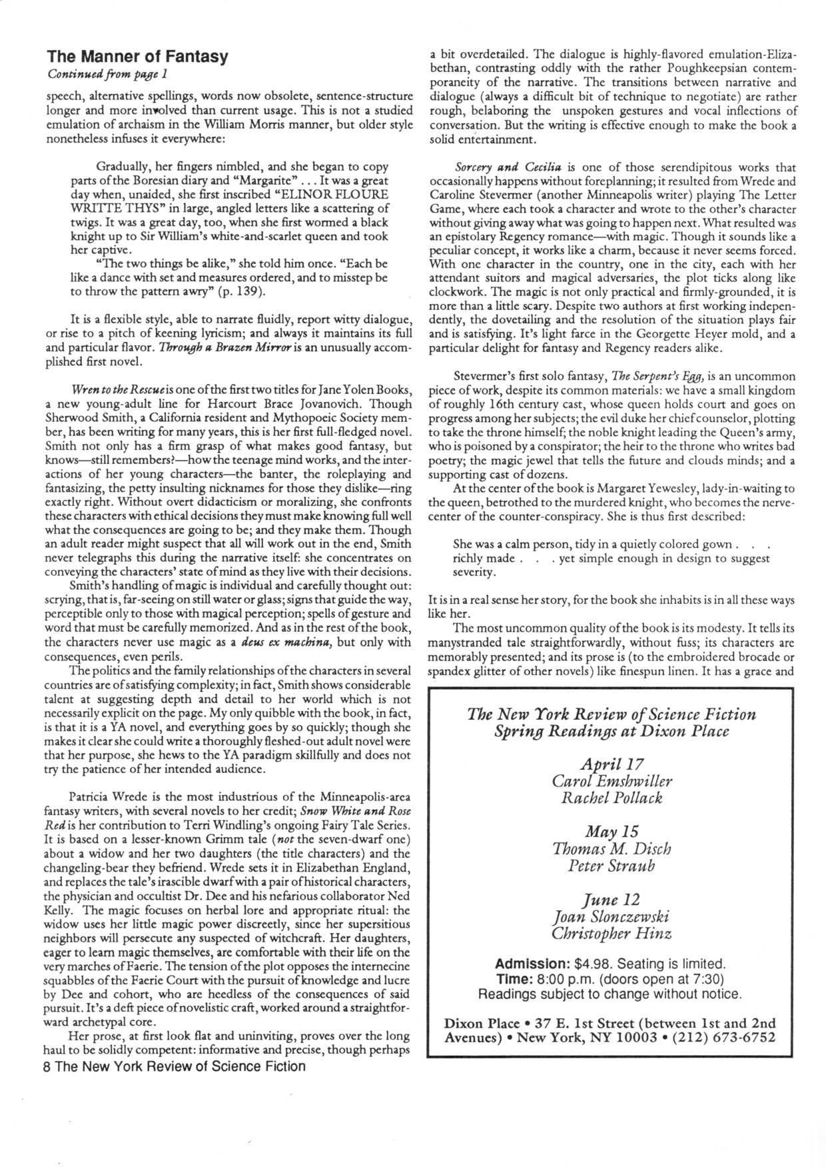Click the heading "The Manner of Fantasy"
(x=137, y=57)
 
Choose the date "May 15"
(x=612, y=832)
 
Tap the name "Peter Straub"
(x=612, y=866)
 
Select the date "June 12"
(x=612, y=900)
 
